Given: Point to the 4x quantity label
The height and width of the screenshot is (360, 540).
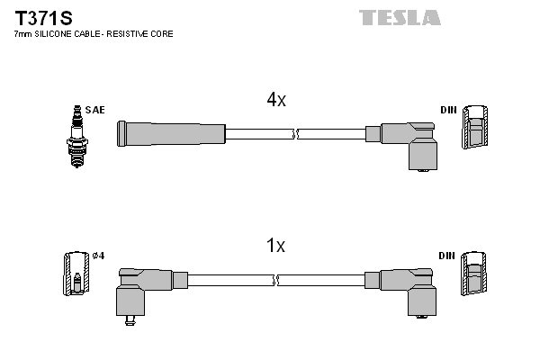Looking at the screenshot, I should [275, 101].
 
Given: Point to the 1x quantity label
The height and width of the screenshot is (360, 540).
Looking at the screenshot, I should [275, 245].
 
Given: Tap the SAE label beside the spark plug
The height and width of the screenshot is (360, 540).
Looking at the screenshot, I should [96, 110].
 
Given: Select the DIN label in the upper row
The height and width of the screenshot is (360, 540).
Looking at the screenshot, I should [447, 111].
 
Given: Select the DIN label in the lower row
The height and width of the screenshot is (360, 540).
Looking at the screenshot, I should [447, 256].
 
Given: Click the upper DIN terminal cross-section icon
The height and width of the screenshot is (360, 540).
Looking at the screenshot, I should [475, 129].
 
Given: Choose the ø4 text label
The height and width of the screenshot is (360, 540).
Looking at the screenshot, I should [99, 256].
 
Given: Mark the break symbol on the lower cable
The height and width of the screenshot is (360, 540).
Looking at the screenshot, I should [276, 280].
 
